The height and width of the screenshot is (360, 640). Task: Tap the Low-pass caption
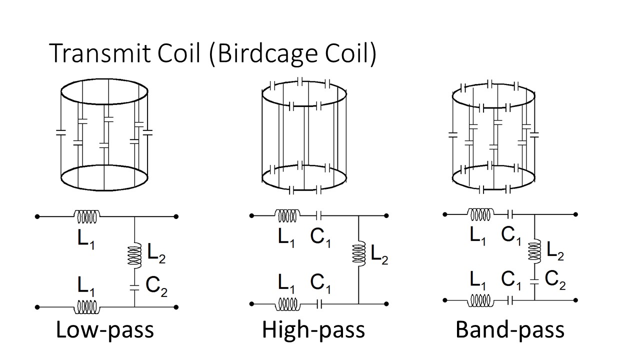click(x=104, y=330)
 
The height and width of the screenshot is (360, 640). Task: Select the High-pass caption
click(x=313, y=330)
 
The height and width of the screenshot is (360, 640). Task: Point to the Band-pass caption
click(x=510, y=330)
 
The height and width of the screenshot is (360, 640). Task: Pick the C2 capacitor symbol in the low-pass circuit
click(x=134, y=287)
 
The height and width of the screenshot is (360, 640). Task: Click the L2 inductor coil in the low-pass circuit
click(x=134, y=255)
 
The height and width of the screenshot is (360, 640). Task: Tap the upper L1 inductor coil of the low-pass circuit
click(x=87, y=216)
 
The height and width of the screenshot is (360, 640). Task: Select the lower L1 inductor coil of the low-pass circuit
click(x=87, y=307)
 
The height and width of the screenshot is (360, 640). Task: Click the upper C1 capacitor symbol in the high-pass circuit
click(x=320, y=215)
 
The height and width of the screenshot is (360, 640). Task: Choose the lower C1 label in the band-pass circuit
click(x=511, y=280)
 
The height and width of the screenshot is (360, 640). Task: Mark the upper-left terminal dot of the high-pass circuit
click(x=252, y=215)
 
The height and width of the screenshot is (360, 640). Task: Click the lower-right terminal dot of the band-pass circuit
click(x=576, y=300)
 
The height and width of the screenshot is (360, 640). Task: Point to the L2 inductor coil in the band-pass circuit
click(x=535, y=250)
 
